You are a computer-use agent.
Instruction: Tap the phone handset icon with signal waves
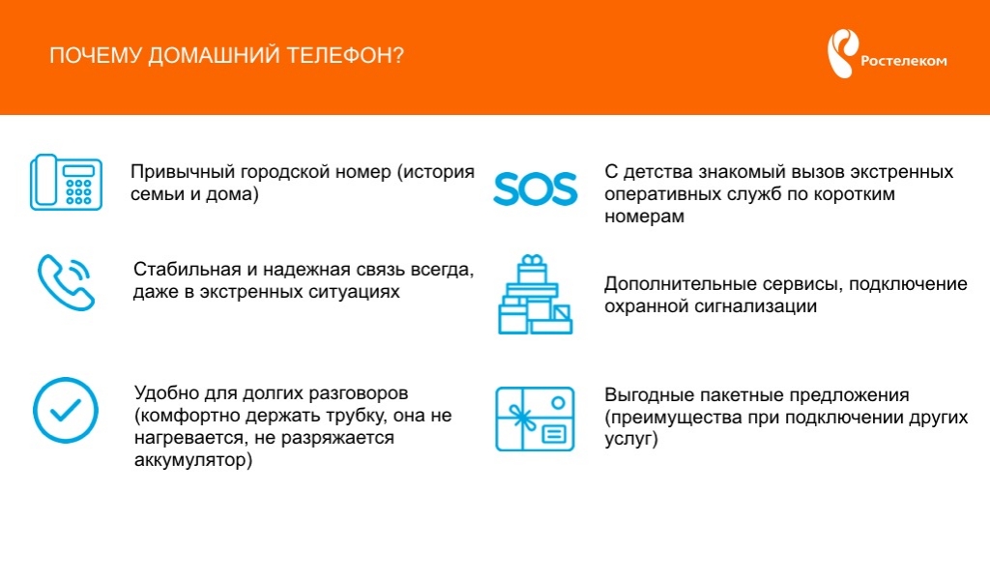click(x=67, y=281)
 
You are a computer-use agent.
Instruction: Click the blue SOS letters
click(x=535, y=188)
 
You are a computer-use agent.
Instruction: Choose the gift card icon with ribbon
click(x=535, y=419)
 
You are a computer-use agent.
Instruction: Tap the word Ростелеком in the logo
click(x=904, y=62)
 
